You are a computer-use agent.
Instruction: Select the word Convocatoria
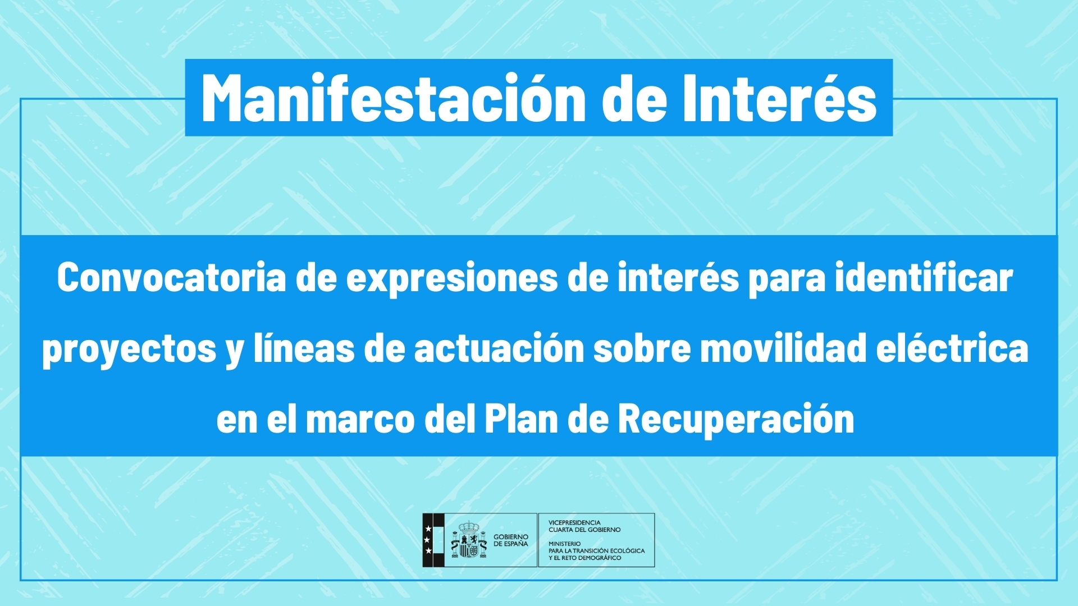(x=172, y=277)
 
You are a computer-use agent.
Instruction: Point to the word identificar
(x=924, y=277)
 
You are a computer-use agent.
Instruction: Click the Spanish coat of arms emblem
(x=469, y=540)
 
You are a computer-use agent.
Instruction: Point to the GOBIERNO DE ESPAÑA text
(x=511, y=540)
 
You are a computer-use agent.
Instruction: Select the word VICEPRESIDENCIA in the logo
(x=574, y=522)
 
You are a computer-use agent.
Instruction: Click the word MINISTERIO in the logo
(x=565, y=544)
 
